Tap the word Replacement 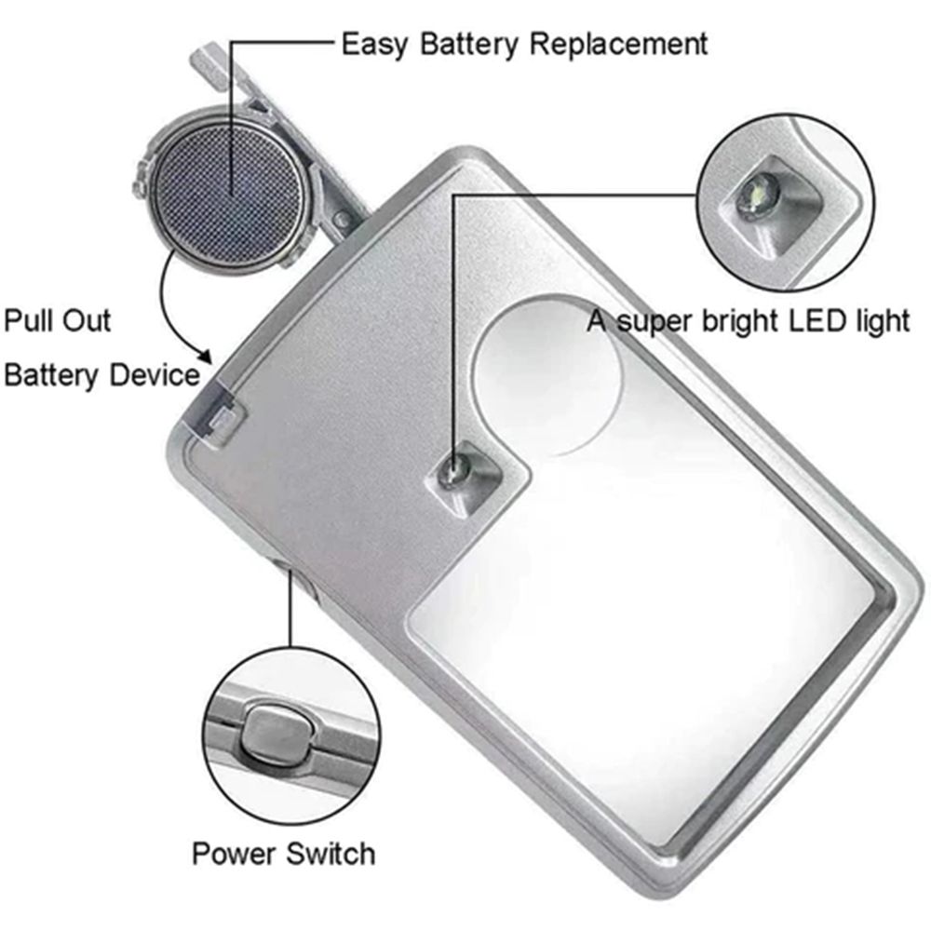point(618,44)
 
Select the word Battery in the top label point(468,45)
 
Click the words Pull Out point(57,320)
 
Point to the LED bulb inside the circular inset point(758,195)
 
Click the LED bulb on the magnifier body point(455,472)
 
